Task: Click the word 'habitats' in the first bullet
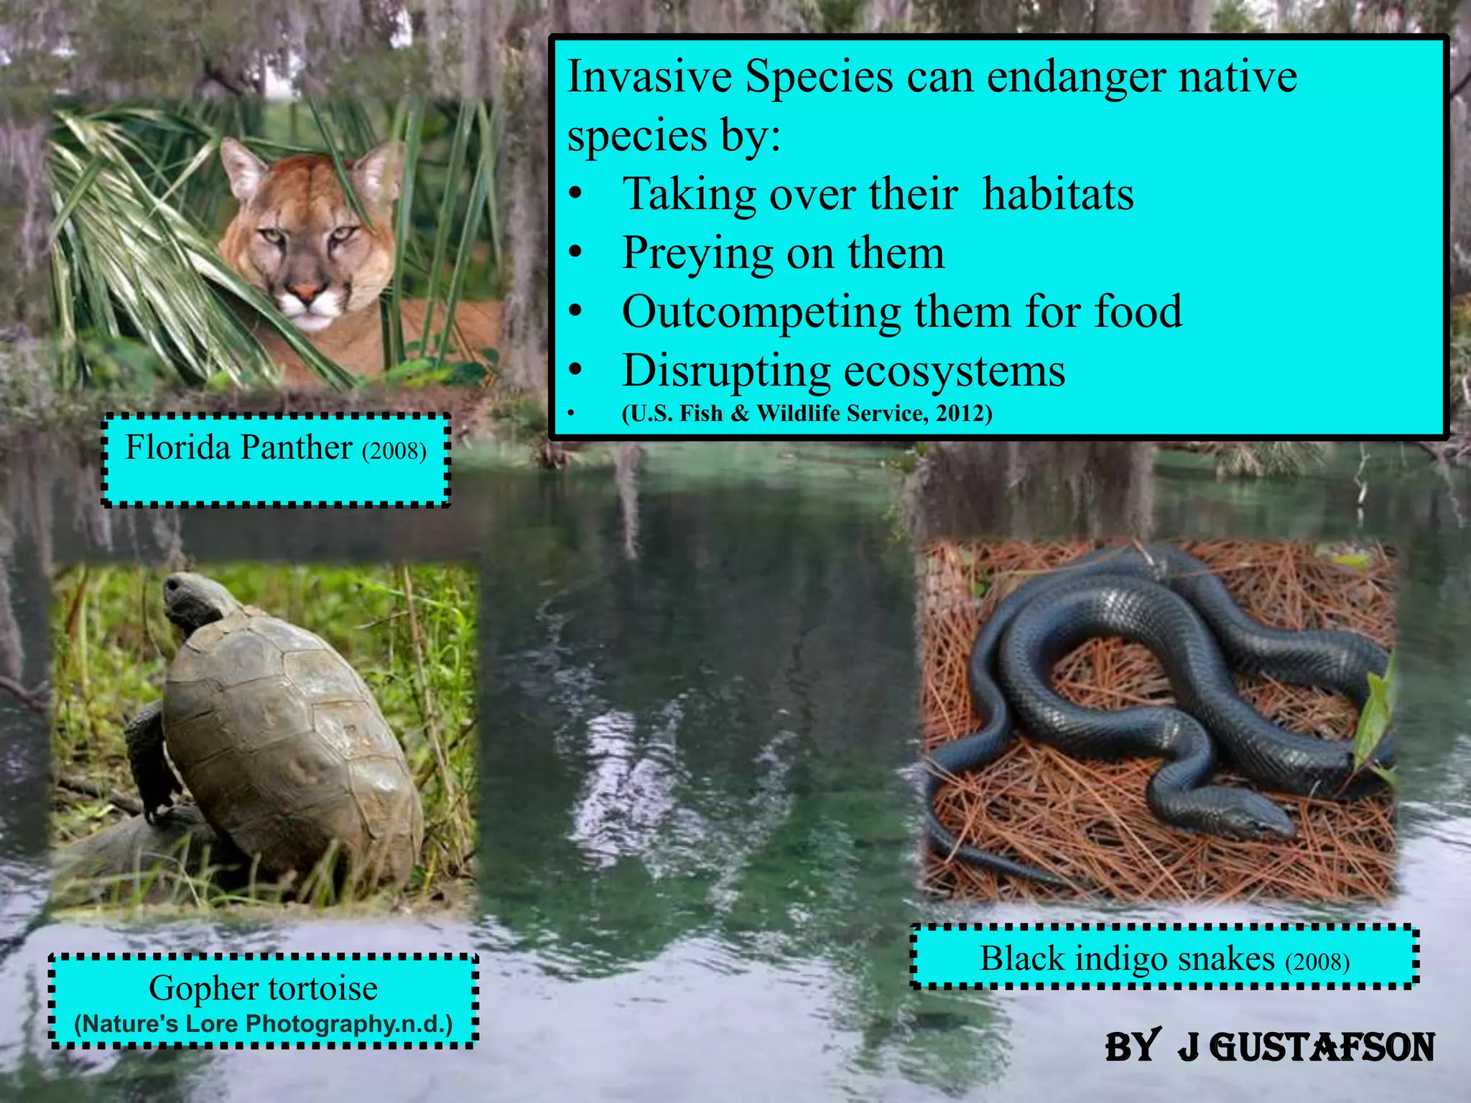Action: point(1058,194)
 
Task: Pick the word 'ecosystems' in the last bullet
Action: point(954,371)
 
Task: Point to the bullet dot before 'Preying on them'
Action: point(575,253)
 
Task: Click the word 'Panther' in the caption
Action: point(296,448)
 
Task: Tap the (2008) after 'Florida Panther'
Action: point(394,451)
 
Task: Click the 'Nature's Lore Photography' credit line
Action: point(264,1024)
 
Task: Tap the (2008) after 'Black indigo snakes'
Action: point(1317,962)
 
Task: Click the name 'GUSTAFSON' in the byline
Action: point(1322,1048)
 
